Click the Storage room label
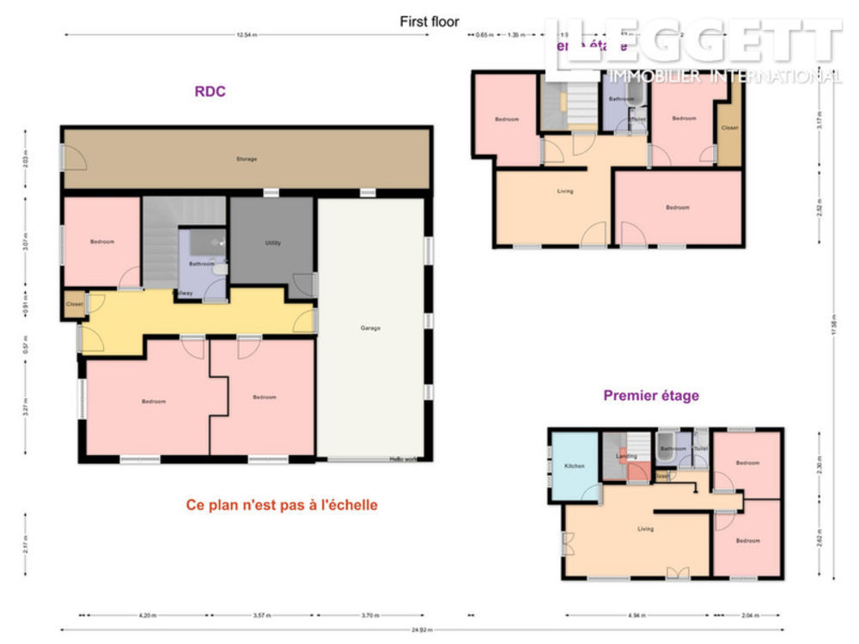coord(247,159)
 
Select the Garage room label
coord(371,328)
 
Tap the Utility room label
coord(272,243)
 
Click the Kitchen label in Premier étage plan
coord(575,465)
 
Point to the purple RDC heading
coord(210,92)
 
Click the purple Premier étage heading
coord(651,396)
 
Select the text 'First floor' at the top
coord(429,21)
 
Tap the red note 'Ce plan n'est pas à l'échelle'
coord(282,505)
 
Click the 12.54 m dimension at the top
coord(247,35)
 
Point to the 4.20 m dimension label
coord(146,616)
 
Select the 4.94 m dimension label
coord(637,616)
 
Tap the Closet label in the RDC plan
coord(75,304)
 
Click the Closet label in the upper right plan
coord(729,127)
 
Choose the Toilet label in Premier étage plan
coord(700,448)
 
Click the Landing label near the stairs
coord(626,457)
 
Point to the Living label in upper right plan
coord(564,191)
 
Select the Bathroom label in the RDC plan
coord(202,264)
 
